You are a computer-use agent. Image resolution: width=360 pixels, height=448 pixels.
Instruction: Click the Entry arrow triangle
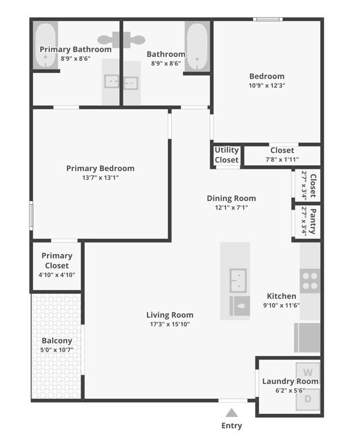pyautogui.click(x=232, y=412)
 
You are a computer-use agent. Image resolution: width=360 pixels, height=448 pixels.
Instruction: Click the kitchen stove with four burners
pyautogui.click(x=310, y=281)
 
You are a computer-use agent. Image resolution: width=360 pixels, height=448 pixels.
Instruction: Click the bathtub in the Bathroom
pyautogui.click(x=197, y=46)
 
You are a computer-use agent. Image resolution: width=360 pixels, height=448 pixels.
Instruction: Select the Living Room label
pyautogui.click(x=170, y=315)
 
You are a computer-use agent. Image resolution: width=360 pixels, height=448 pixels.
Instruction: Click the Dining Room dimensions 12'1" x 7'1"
pyautogui.click(x=231, y=208)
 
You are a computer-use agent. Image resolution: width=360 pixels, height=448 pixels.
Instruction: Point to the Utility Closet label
pyautogui.click(x=227, y=155)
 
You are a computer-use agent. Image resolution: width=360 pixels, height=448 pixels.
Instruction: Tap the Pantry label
pyautogui.click(x=313, y=221)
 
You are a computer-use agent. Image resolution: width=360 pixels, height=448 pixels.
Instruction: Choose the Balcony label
pyautogui.click(x=57, y=341)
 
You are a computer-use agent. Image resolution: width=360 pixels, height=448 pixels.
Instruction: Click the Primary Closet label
pyautogui.click(x=57, y=260)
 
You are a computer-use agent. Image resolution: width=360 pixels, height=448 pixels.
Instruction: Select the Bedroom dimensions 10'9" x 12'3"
pyautogui.click(x=267, y=86)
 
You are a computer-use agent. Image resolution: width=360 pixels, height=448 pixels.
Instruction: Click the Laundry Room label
pyautogui.click(x=290, y=381)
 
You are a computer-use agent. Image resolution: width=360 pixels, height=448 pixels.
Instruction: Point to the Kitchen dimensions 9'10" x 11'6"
pyautogui.click(x=281, y=305)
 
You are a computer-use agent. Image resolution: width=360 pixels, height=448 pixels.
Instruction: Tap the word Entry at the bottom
pyautogui.click(x=232, y=426)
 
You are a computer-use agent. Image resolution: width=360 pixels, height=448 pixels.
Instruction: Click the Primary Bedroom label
pyautogui.click(x=100, y=168)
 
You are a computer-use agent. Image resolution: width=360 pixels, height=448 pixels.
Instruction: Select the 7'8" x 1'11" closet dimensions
pyautogui.click(x=282, y=160)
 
